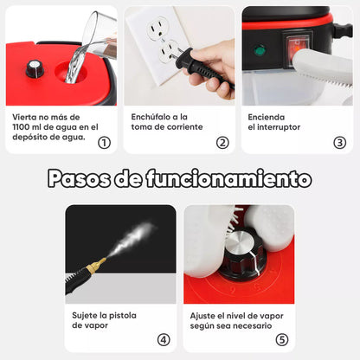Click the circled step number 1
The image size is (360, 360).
click(x=104, y=143)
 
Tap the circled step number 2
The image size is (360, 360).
click(x=222, y=143)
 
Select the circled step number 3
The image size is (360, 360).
click(x=339, y=143)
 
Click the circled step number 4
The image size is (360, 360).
click(x=163, y=340)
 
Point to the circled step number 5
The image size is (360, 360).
click(x=281, y=340)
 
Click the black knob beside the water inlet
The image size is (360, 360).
click(x=35, y=68)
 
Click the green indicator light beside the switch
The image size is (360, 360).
click(x=259, y=51)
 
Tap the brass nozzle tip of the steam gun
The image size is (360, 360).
click(x=100, y=261)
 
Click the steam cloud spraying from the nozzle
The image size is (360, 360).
click(x=130, y=238)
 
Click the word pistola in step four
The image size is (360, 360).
click(x=121, y=316)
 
